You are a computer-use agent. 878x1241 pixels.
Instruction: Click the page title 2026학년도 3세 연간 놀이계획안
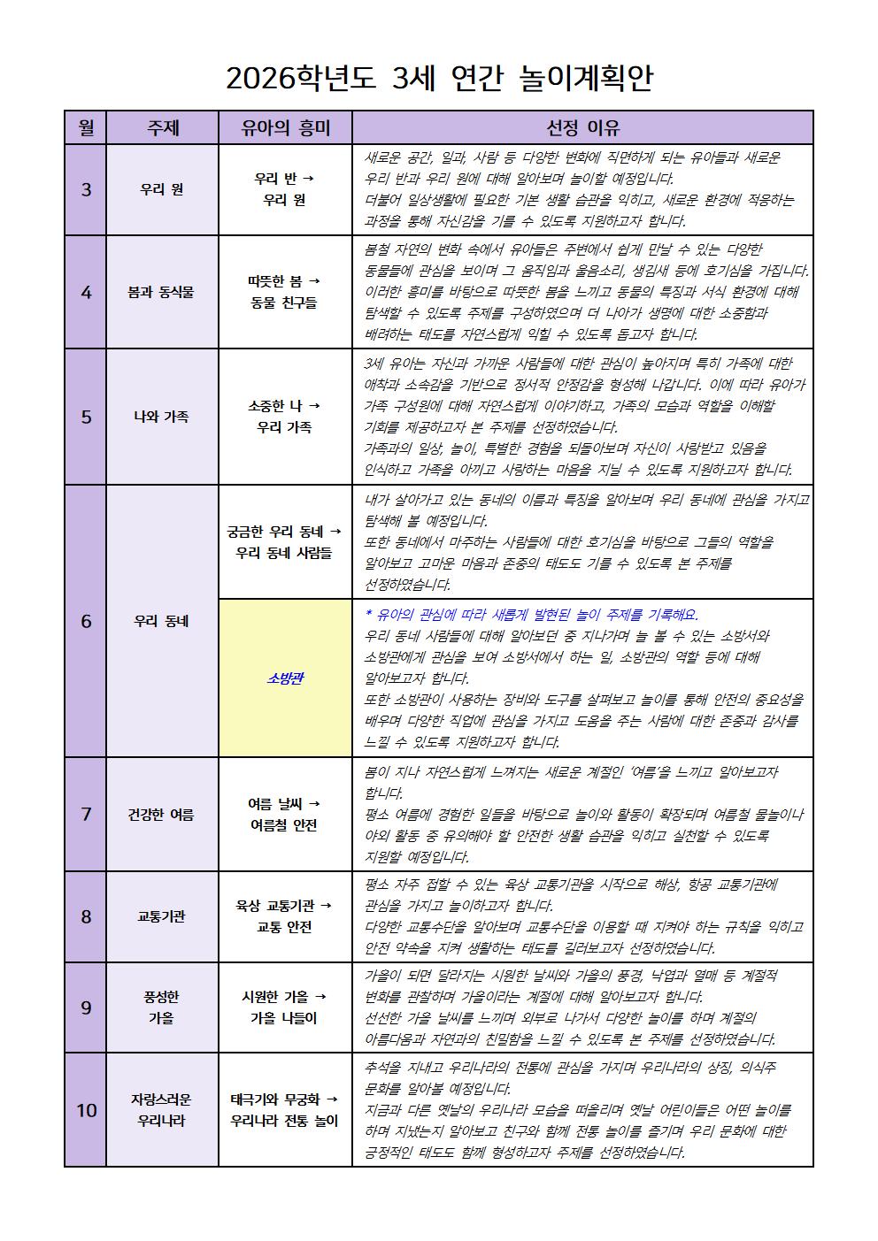point(439,78)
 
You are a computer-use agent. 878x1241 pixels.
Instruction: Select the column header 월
point(86,127)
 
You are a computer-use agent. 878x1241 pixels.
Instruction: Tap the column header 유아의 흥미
point(285,127)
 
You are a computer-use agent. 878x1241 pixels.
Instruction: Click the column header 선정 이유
point(582,127)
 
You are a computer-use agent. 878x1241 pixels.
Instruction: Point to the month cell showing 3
point(86,189)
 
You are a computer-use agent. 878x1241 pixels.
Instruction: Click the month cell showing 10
point(86,1110)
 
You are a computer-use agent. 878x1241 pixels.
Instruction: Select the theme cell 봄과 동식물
point(162,292)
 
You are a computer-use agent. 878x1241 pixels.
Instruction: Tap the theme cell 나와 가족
point(162,417)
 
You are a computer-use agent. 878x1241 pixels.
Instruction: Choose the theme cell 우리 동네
point(162,621)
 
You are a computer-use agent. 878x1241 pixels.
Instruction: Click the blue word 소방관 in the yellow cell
point(285,678)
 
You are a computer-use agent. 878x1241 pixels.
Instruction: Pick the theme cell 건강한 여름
point(162,815)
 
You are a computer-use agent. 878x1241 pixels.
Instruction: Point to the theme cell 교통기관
point(162,916)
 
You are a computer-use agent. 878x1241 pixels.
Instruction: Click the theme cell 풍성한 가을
point(162,1007)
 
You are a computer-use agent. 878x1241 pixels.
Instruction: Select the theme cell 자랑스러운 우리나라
point(162,1110)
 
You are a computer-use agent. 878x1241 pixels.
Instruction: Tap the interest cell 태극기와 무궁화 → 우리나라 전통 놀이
point(285,1110)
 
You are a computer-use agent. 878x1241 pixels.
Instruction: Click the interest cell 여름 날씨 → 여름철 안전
point(285,815)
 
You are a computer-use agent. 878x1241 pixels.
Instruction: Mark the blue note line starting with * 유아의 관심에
point(531,615)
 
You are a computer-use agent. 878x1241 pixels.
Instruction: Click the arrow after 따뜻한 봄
point(313,281)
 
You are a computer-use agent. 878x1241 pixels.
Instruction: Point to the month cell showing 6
point(86,621)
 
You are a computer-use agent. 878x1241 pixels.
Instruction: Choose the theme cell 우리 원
point(162,189)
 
